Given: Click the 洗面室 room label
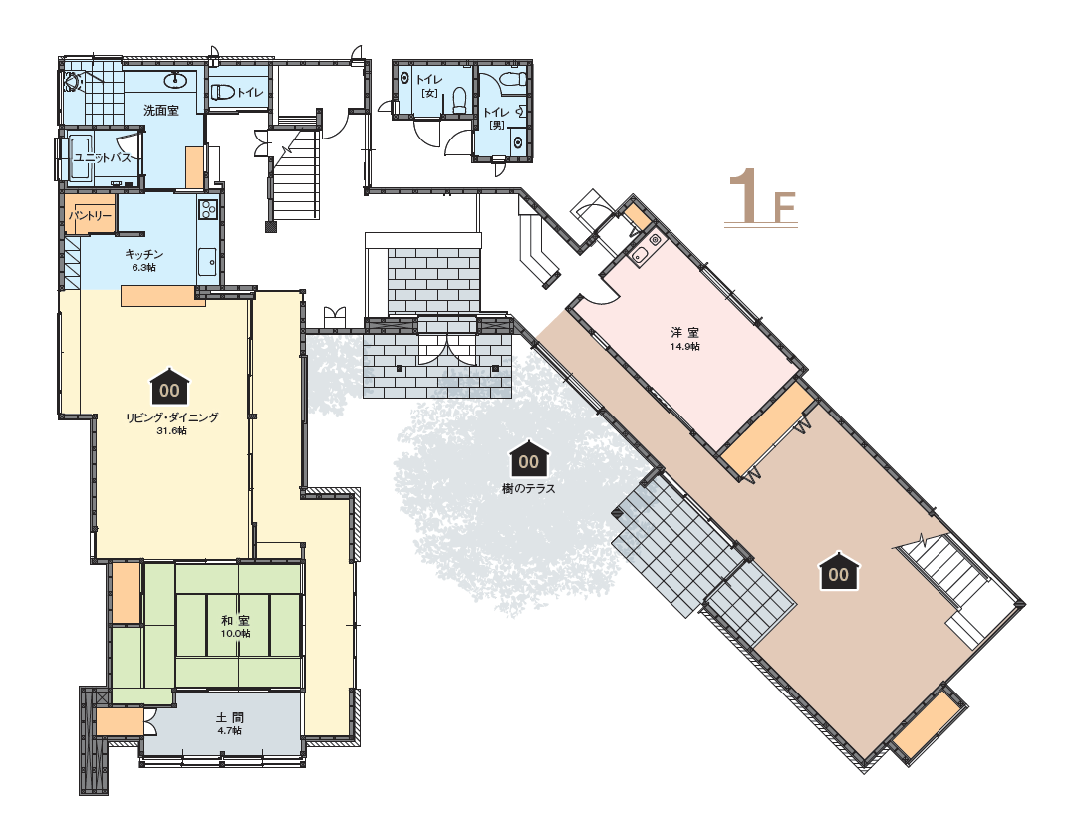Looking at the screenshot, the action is [160, 110].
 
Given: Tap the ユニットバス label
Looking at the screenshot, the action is [102, 158].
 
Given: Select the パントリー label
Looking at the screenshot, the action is [90, 216].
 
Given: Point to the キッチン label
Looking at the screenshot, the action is [143, 254].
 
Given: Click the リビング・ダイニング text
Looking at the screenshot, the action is [171, 417].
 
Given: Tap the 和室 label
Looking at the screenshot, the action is [235, 620].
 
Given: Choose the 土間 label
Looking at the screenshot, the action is [230, 717].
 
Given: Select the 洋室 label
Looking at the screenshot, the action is [684, 333].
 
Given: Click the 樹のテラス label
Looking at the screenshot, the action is [528, 488].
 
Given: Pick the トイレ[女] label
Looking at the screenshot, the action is [428, 86].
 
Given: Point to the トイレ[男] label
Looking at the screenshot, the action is [496, 118].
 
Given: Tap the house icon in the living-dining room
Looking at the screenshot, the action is [169, 387].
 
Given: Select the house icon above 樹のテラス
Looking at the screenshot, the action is [528, 459].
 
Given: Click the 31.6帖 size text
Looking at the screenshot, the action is [171, 431].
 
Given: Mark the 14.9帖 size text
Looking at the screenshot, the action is [685, 346].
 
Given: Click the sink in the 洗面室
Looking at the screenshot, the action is [176, 80].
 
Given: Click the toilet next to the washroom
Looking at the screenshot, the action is [222, 92].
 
